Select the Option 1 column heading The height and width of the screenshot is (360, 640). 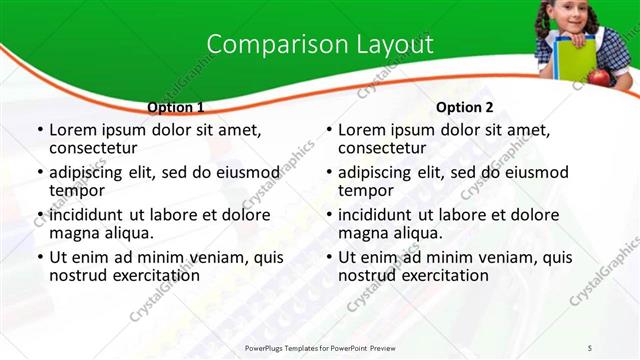tap(175, 107)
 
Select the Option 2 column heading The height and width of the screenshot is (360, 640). tap(464, 107)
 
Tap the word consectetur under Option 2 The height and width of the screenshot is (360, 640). tap(383, 149)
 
